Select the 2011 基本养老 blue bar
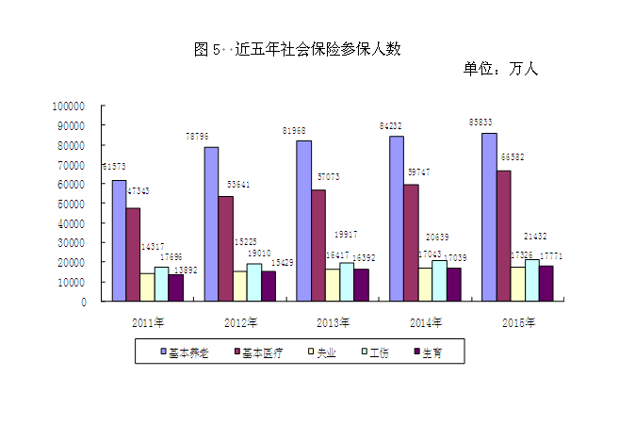pos(119,240)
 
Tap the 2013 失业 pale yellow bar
pos(333,285)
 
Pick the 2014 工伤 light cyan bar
pos(439,280)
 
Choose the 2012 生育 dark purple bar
pos(269,286)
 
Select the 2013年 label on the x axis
pos(333,323)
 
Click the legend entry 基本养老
pos(189,352)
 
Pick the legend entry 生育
pos(432,352)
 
